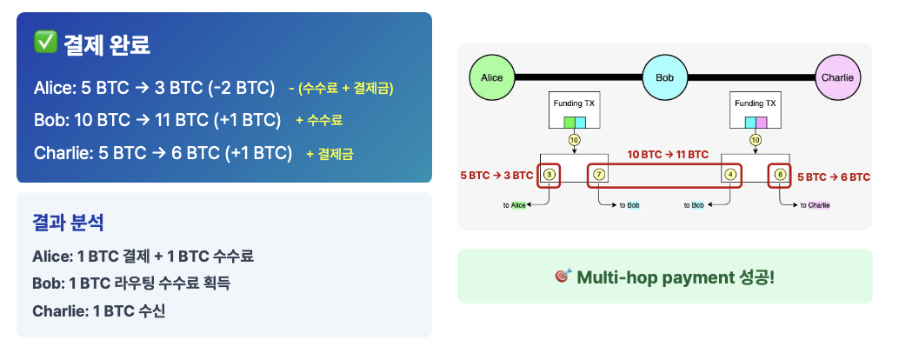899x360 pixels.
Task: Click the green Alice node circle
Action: tap(492, 77)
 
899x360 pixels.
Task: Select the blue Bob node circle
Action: tap(665, 77)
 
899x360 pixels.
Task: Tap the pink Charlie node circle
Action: tap(837, 77)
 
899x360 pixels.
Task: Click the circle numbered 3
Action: tap(549, 175)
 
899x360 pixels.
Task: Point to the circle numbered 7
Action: tap(599, 175)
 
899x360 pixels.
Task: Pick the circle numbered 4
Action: tap(730, 175)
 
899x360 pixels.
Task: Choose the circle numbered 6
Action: tap(780, 175)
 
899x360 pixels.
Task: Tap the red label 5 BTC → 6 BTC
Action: tap(834, 177)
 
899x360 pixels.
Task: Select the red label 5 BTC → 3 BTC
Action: tap(496, 176)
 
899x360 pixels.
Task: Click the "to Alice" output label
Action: tap(516, 205)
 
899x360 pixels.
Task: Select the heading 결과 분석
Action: tap(68, 223)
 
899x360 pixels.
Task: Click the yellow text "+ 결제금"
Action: tap(330, 154)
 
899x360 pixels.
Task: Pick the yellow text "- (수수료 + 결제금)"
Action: tap(341, 88)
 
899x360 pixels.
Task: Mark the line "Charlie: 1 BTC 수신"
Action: tap(98, 310)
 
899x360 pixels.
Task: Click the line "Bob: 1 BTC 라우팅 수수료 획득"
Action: tap(131, 283)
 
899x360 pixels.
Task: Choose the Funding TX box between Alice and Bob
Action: tap(575, 110)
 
